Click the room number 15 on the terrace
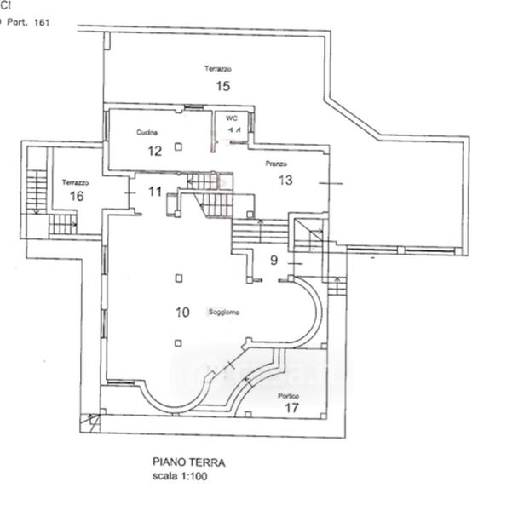pos(223,85)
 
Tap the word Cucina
pos(147,133)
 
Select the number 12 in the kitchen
pos(154,152)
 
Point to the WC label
pos(232,118)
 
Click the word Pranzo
pos(275,164)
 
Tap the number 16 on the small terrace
pos(77,196)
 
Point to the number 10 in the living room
pos(181,312)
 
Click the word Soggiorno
pos(223,313)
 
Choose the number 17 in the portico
pos(291,409)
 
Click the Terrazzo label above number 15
pos(219,68)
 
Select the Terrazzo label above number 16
pos(77,181)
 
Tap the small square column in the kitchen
pos(178,147)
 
